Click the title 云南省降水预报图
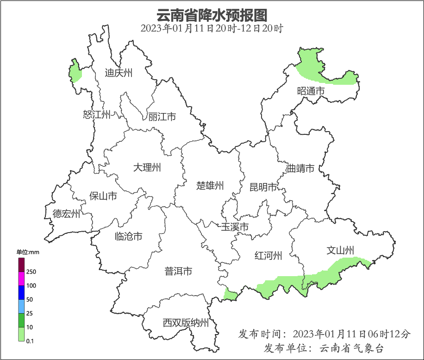coord(212,15)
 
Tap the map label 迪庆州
coord(118,73)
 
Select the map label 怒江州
coord(97,114)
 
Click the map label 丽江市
coord(162,117)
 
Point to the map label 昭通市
coord(311,91)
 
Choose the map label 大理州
coord(147,167)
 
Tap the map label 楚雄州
coord(210,186)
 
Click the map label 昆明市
coord(263,187)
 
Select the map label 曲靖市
coord(300,168)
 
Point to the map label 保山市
coord(103,196)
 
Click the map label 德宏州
coord(66,214)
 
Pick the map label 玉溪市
coord(235,227)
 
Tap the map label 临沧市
coord(128,237)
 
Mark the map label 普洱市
coord(178,272)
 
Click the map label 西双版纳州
coord(186,323)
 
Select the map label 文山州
coord(340,251)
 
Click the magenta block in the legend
coord(21,278)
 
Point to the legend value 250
coord(31,272)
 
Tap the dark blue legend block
coord(21,292)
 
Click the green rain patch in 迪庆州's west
coord(75,72)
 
